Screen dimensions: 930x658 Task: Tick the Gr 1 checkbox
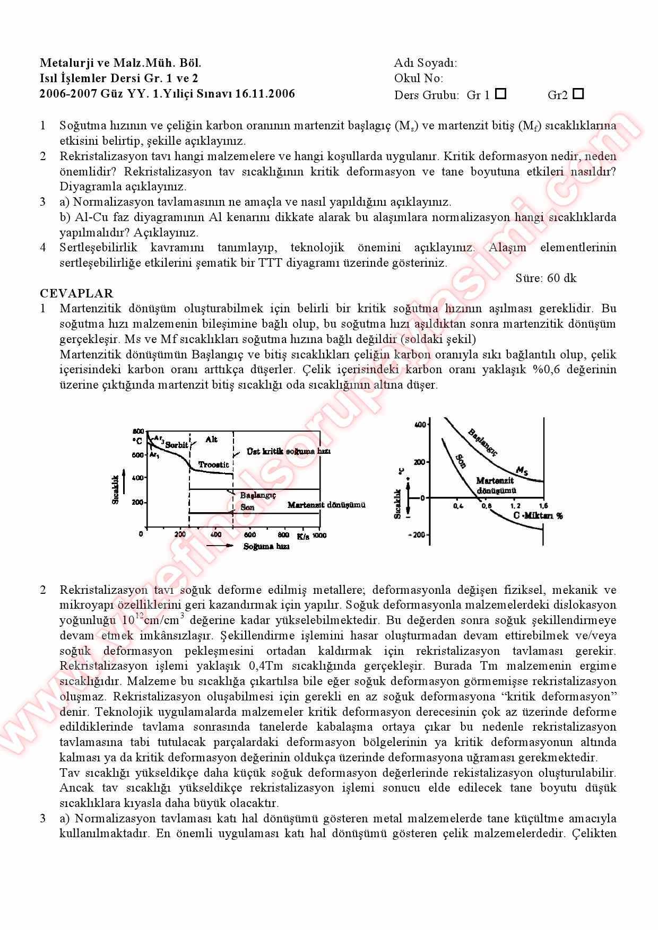500,94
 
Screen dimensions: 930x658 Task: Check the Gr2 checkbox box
578,94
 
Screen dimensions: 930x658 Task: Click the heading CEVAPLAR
76,293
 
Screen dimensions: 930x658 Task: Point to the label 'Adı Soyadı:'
425,63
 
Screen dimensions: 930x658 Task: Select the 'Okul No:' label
418,78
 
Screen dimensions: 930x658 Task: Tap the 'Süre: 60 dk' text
546,278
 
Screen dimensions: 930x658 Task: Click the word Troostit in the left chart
214,464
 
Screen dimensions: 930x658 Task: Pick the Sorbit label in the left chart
176,445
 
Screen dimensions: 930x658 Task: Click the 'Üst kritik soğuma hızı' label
289,451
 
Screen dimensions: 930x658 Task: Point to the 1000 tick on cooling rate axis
319,536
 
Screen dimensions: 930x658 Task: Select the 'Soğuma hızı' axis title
266,547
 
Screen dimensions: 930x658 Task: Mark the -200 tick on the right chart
417,534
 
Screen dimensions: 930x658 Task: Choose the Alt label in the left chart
211,440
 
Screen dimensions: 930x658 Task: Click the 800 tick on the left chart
138,431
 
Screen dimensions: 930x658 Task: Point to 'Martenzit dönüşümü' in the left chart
326,505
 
